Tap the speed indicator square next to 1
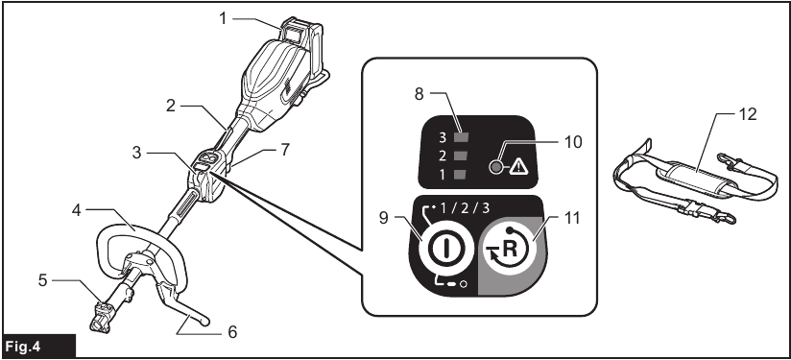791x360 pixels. tap(461, 174)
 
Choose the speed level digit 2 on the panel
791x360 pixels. tap(443, 155)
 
